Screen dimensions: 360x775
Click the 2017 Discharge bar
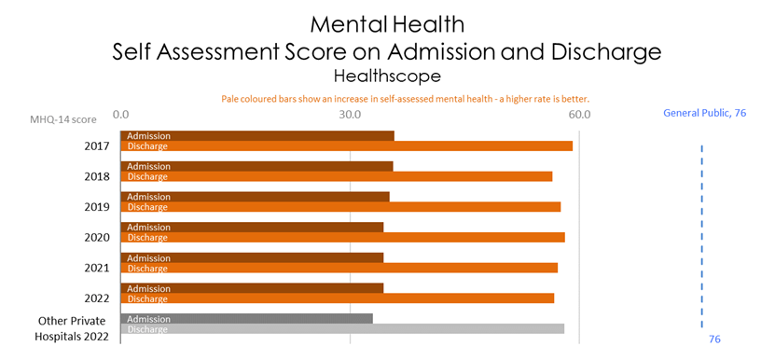[x=346, y=146]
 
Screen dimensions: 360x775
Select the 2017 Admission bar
[x=257, y=136]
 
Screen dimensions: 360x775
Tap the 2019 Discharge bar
[x=340, y=207]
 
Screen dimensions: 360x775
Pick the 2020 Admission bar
[x=252, y=227]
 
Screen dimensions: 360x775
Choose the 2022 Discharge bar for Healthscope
[x=337, y=298]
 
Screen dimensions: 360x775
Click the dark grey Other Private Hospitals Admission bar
[x=246, y=319]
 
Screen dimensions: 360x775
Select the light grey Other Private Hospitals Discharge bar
[x=342, y=329]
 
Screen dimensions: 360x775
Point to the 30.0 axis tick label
[x=350, y=115]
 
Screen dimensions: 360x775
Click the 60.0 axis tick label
[x=579, y=115]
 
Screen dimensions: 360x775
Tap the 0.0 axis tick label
[x=120, y=115]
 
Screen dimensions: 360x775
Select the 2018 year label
[x=97, y=176]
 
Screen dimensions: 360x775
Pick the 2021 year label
[x=97, y=268]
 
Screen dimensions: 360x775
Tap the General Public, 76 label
[x=705, y=114]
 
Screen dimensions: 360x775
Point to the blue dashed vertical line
[x=701, y=233]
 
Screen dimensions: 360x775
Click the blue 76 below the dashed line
[x=714, y=339]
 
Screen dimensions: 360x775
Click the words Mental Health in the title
[x=387, y=21]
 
